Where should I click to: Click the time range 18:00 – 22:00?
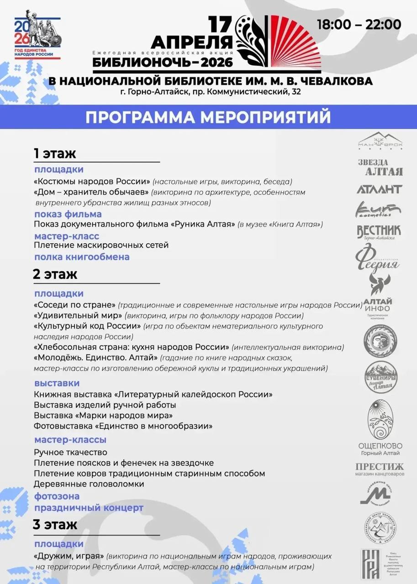click(x=359, y=24)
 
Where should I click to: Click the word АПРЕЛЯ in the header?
click(x=191, y=42)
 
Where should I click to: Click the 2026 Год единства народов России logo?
click(x=37, y=38)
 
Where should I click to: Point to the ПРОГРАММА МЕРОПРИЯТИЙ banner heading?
click(x=208, y=117)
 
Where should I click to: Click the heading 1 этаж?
click(x=54, y=153)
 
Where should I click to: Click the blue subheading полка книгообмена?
click(x=82, y=257)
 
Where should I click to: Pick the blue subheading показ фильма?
click(x=68, y=214)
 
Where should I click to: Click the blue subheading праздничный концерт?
click(x=89, y=507)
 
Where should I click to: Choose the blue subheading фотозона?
click(x=57, y=496)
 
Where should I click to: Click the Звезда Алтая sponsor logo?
click(x=380, y=167)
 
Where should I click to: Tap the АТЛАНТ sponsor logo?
click(x=380, y=189)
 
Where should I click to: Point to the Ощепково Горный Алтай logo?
click(x=380, y=429)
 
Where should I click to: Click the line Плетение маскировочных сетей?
click(x=101, y=245)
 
